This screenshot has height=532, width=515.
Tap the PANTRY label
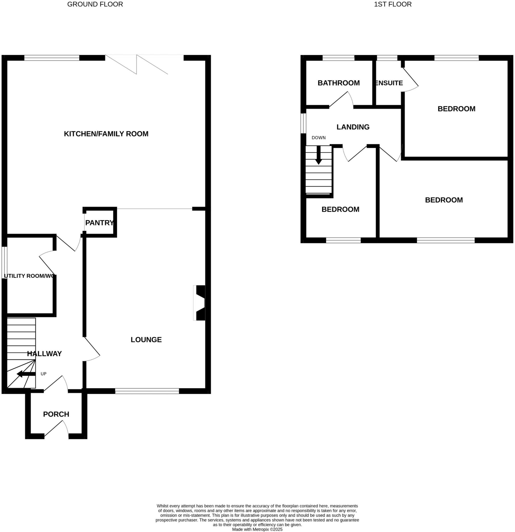coord(99,223)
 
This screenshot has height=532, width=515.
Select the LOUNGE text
coord(146,340)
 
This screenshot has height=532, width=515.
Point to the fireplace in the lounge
coord(199,303)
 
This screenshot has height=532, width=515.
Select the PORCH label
coord(56,414)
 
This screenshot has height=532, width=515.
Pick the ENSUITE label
coord(389,83)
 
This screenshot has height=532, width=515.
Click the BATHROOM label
coord(338,83)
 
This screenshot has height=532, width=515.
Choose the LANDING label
coord(353,127)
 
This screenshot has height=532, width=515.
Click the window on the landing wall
coord(303,123)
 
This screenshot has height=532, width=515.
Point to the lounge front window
coord(147,391)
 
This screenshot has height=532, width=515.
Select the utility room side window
coord(5,262)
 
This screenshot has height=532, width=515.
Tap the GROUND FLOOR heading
coord(95,4)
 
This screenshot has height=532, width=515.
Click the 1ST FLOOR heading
coord(393,4)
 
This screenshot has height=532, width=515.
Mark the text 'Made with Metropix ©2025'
coord(257,529)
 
